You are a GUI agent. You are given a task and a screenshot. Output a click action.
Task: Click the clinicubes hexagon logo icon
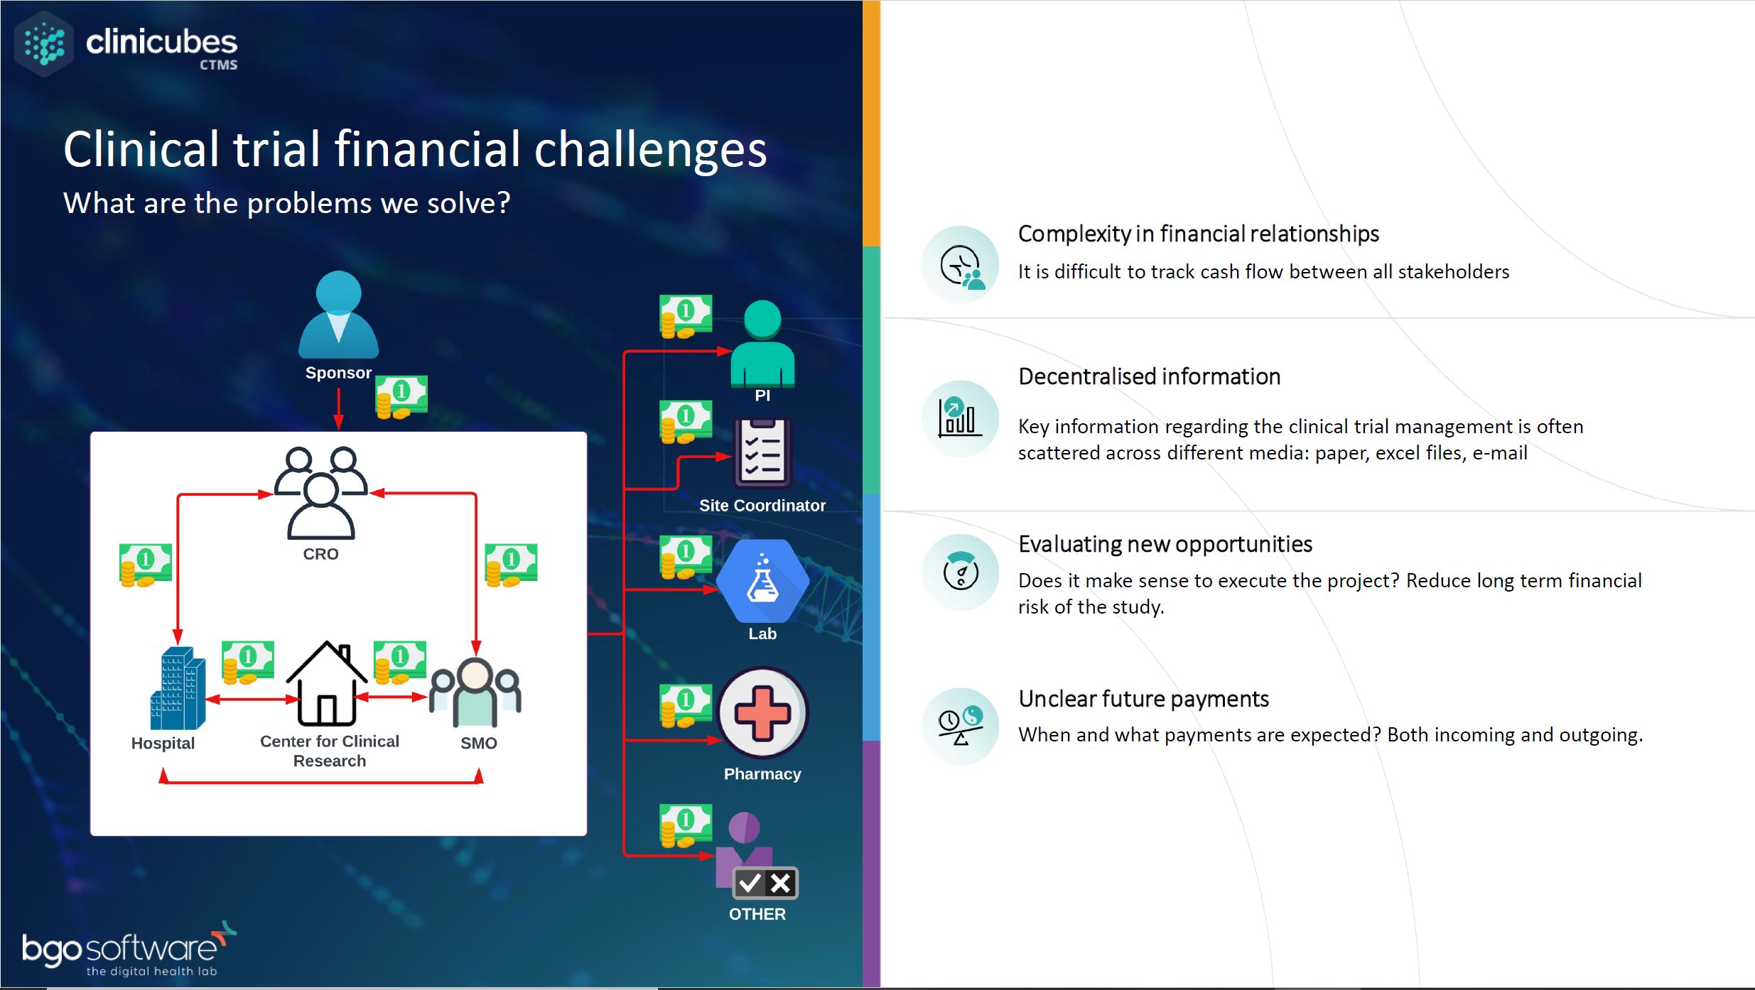coord(44,44)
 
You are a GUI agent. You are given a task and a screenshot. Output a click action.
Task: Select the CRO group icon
coord(321,492)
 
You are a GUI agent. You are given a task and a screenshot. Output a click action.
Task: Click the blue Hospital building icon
coord(178,688)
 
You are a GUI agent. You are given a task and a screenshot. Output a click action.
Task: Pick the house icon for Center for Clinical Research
coord(327,683)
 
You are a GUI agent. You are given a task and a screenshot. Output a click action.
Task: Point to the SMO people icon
coord(475,692)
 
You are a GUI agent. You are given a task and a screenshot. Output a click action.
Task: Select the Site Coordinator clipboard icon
coord(762,453)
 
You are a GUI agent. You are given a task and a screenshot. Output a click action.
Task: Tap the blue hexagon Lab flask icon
coord(762,581)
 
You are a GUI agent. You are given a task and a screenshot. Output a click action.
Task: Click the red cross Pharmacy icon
coord(762,712)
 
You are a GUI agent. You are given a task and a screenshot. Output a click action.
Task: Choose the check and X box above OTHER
coord(765,883)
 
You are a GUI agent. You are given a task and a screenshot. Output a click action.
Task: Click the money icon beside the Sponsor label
coord(401,397)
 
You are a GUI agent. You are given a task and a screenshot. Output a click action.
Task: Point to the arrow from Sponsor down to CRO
coord(339,409)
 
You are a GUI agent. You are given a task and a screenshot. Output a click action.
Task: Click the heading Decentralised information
coord(1149,376)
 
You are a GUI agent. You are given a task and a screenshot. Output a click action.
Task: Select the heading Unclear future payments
coord(1143,699)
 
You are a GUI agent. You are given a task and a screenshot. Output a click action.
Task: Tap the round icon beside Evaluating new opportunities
coord(961,572)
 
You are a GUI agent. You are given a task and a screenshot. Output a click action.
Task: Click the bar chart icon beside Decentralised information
coord(961,418)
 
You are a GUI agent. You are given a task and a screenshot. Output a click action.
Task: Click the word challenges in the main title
coord(650,150)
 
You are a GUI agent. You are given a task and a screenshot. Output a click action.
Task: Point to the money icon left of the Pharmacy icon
coord(686,705)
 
